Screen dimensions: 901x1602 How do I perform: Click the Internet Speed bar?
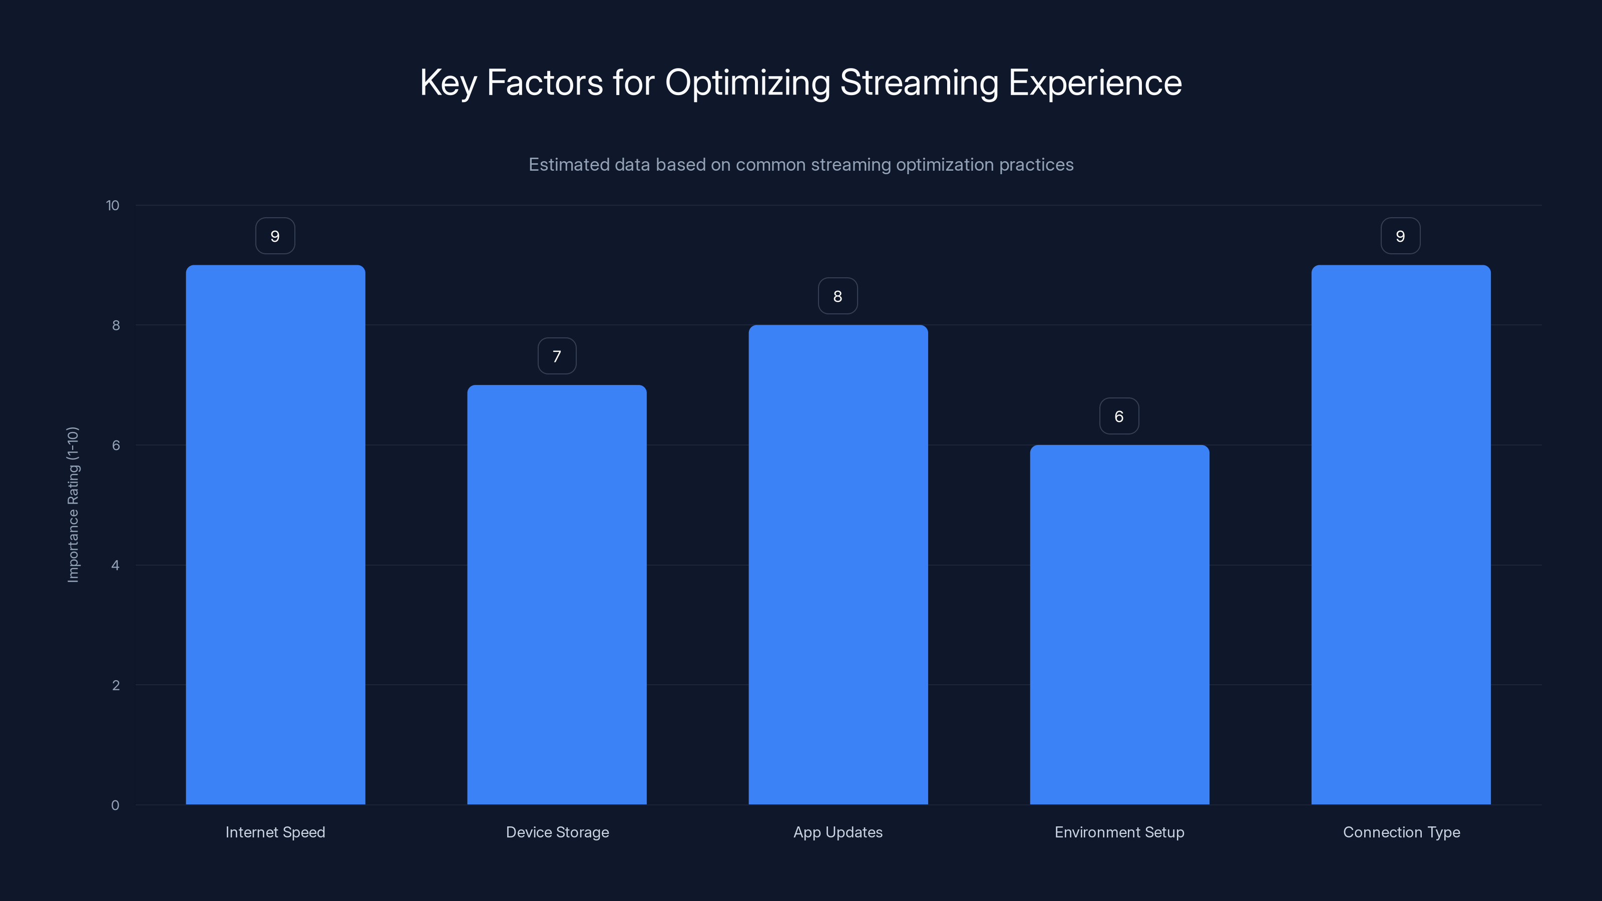[275, 535]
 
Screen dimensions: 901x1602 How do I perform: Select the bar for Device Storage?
[557, 595]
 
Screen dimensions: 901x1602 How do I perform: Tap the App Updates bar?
[838, 565]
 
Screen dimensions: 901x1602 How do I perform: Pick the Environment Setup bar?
[1119, 624]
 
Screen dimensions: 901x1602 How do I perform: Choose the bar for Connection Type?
[1401, 535]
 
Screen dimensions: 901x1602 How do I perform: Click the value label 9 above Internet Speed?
[275, 236]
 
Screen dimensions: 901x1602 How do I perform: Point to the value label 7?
[557, 356]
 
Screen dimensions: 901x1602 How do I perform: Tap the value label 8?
[838, 297]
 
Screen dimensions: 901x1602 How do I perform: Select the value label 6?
[1119, 416]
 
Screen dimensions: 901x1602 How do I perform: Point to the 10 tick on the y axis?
[113, 206]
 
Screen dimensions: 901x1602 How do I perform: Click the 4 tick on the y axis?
[115, 566]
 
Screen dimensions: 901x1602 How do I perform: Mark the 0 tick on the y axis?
[115, 806]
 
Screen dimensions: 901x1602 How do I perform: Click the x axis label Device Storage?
[557, 832]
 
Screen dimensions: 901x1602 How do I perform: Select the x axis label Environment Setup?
[1119, 832]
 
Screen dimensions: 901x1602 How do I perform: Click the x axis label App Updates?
[838, 832]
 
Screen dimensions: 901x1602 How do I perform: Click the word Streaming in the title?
[919, 83]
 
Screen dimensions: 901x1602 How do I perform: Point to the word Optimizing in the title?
[747, 83]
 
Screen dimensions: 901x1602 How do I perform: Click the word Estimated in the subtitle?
[568, 165]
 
